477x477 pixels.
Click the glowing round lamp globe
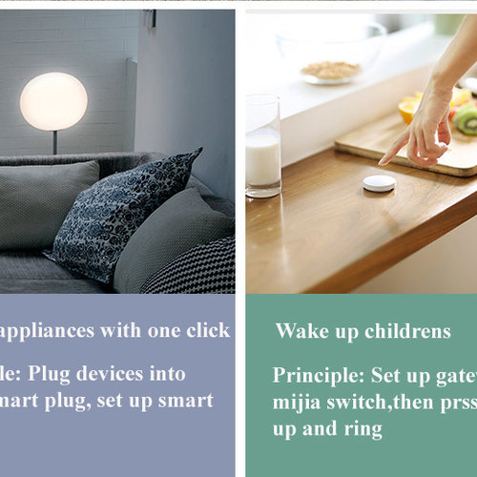tap(53, 101)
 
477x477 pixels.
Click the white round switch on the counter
tap(379, 182)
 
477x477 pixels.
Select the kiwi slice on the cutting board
tap(466, 119)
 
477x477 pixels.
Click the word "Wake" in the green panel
tap(297, 332)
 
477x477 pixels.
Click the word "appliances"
tap(47, 331)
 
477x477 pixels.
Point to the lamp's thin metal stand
tap(54, 141)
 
